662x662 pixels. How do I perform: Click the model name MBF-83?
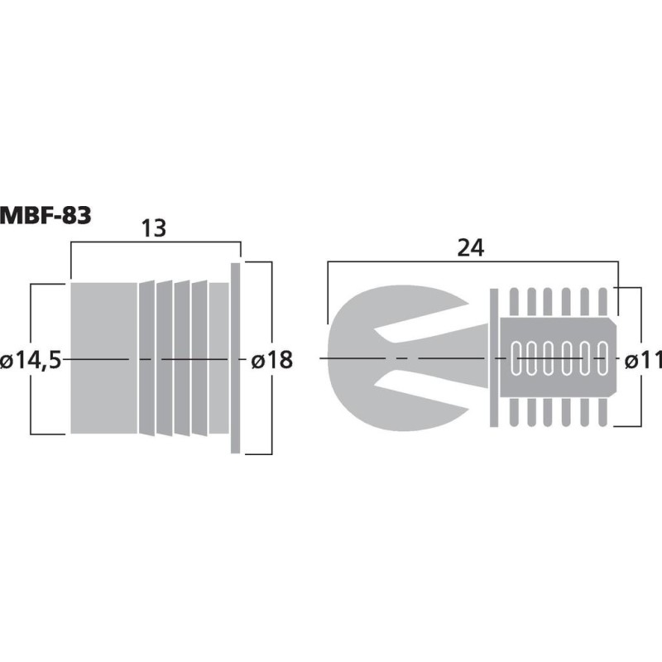pyautogui.click(x=46, y=215)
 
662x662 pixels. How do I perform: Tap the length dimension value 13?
pyautogui.click(x=153, y=228)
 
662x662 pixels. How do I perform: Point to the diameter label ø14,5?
pyautogui.click(x=31, y=361)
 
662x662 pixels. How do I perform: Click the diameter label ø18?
pyautogui.click(x=271, y=361)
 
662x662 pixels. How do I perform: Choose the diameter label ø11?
pyautogui.click(x=642, y=361)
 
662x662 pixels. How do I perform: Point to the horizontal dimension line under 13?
pyautogui.click(x=155, y=242)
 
